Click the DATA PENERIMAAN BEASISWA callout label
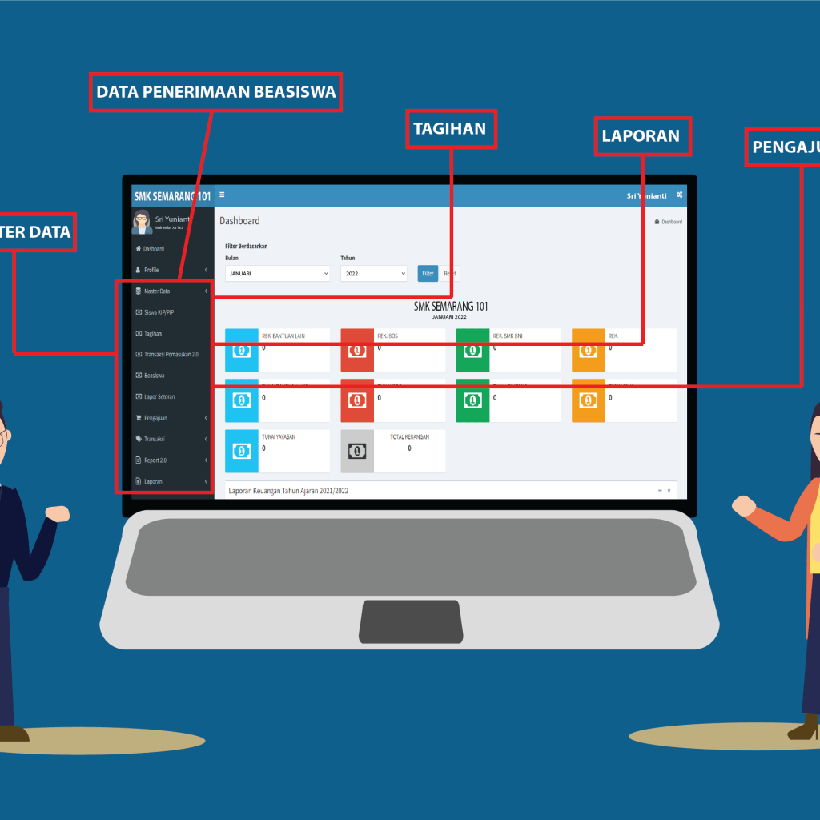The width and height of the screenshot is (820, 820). pyautogui.click(x=215, y=92)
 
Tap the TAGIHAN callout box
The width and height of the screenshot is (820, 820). pyautogui.click(x=451, y=129)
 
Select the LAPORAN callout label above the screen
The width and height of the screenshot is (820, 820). pyautogui.click(x=642, y=136)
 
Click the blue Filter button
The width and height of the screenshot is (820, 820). pyautogui.click(x=428, y=273)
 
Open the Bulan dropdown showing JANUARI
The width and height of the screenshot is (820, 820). pyautogui.click(x=277, y=274)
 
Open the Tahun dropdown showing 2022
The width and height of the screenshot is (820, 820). pyautogui.click(x=373, y=274)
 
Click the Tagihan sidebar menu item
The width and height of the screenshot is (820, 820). pyautogui.click(x=153, y=333)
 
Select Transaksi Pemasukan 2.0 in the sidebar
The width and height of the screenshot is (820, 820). pyautogui.click(x=171, y=354)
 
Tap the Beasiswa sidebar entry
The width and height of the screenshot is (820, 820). pyautogui.click(x=155, y=375)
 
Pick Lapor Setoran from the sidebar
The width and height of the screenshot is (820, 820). pyautogui.click(x=159, y=396)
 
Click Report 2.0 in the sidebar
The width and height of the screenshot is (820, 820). pyautogui.click(x=155, y=460)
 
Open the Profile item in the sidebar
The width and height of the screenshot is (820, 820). pyautogui.click(x=151, y=270)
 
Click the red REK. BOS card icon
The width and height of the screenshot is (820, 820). pyautogui.click(x=357, y=350)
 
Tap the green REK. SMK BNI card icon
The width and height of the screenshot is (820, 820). pyautogui.click(x=472, y=350)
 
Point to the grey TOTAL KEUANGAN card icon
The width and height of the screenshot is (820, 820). pyautogui.click(x=357, y=452)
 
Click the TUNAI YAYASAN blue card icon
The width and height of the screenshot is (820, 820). pyautogui.click(x=242, y=452)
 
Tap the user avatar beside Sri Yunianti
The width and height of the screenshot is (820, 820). pyautogui.click(x=142, y=221)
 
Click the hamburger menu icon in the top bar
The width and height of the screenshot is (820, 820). pyautogui.click(x=222, y=195)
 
